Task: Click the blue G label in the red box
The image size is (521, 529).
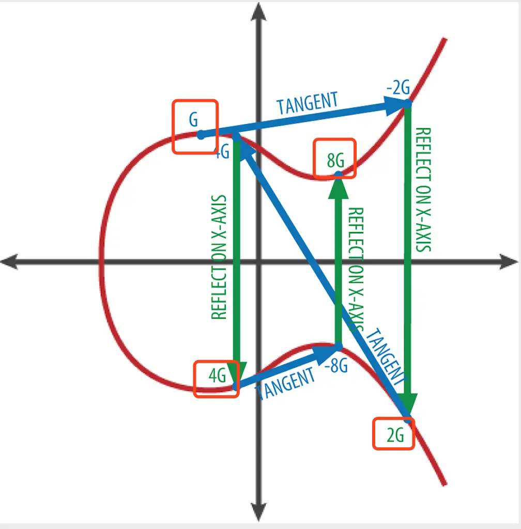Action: [x=193, y=120]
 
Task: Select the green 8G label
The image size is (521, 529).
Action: [x=335, y=160]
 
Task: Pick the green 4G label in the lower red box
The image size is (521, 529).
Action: [x=218, y=376]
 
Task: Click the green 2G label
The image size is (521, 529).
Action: [x=395, y=437]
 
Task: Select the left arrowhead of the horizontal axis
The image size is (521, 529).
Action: [x=9, y=261]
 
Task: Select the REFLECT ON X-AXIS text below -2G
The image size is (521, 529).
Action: [x=423, y=190]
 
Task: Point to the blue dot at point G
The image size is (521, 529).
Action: [x=201, y=135]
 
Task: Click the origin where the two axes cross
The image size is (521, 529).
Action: [x=259, y=261]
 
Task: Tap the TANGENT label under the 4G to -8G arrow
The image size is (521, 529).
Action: [x=285, y=383]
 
